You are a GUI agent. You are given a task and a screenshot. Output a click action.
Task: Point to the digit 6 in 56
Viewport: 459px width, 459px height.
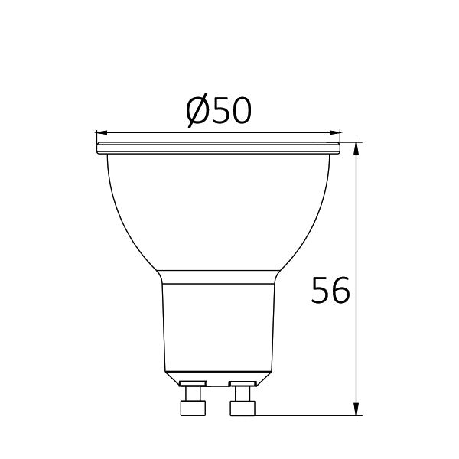coord(340,291)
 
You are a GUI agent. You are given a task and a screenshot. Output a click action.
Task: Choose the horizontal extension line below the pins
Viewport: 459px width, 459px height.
coord(306,416)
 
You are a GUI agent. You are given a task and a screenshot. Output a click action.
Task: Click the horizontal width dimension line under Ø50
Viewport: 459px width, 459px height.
coord(153,131)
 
